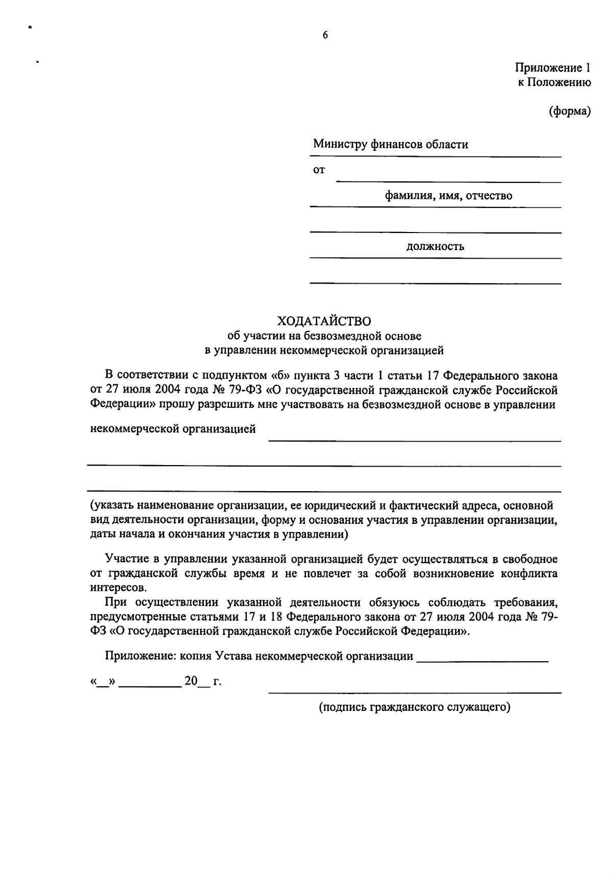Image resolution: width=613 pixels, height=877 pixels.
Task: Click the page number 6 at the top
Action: pyautogui.click(x=325, y=35)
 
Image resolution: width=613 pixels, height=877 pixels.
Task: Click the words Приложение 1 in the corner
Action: pyautogui.click(x=553, y=68)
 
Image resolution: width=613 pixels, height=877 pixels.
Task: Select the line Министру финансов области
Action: pyautogui.click(x=391, y=145)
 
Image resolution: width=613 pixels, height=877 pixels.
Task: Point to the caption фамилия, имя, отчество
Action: pyautogui.click(x=449, y=196)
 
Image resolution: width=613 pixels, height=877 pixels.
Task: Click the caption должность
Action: pyautogui.click(x=435, y=247)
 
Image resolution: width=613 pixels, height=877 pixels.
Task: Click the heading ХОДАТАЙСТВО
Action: pyautogui.click(x=324, y=321)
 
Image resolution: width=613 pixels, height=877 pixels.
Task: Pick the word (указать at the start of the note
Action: pyautogui.click(x=109, y=506)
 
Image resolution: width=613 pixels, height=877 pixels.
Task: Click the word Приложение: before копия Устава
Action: pyautogui.click(x=140, y=656)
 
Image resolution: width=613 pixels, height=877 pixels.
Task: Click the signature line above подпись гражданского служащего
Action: pyautogui.click(x=415, y=693)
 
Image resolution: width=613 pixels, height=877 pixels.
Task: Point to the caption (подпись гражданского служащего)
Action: pyautogui.click(x=415, y=707)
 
